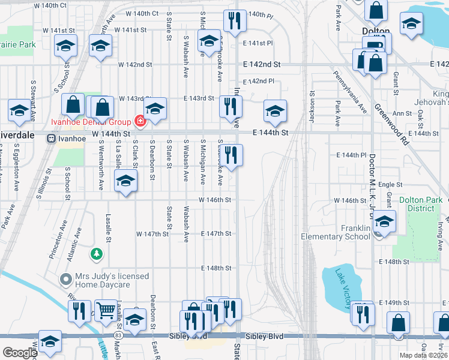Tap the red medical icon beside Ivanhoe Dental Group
[140, 121]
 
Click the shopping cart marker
[106, 310]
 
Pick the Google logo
[20, 353]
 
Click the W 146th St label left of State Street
[214, 200]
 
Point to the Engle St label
[390, 185]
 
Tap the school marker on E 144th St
[275, 111]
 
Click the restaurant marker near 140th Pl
[232, 21]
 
